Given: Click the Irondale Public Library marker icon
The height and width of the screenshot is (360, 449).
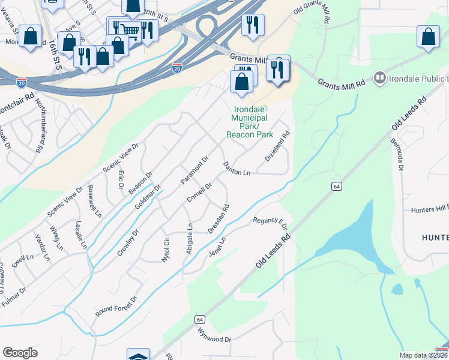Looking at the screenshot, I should [379, 77].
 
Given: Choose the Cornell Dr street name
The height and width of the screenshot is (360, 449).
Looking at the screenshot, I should [199, 193].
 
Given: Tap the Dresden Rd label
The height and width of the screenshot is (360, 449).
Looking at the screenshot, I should [219, 220].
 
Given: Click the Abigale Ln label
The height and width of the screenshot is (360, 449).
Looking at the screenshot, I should [190, 239].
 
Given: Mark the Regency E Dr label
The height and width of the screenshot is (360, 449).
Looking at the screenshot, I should [270, 222].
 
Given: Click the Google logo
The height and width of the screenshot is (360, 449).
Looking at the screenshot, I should [20, 353].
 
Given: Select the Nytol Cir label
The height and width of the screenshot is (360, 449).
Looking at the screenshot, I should [166, 250].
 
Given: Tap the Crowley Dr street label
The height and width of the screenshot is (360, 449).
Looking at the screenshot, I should [128, 242].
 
